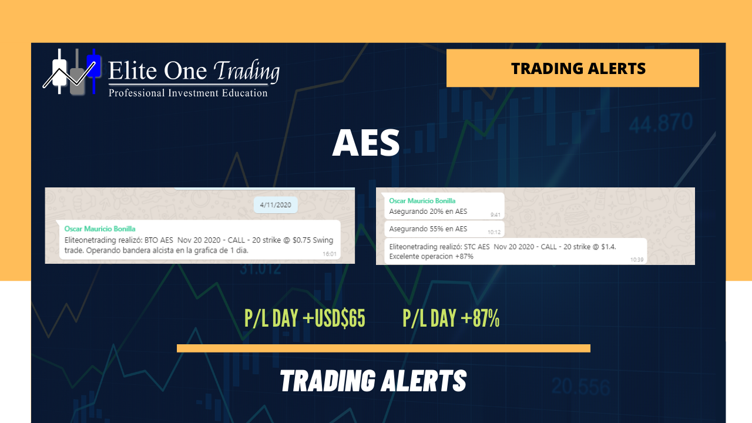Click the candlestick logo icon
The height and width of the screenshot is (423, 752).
pyautogui.click(x=72, y=72)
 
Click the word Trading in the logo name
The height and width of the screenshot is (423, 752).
pyautogui.click(x=246, y=71)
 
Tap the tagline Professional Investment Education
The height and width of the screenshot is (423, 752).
pyautogui.click(x=188, y=93)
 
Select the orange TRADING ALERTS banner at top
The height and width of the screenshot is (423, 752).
pyautogui.click(x=573, y=68)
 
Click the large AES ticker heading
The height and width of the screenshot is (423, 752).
pyautogui.click(x=366, y=143)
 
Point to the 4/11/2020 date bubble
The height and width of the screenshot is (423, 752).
pyautogui.click(x=276, y=205)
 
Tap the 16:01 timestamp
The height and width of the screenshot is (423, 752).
pyautogui.click(x=330, y=254)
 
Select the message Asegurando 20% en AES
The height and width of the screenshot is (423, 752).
pyautogui.click(x=428, y=211)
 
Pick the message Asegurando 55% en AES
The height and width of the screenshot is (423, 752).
pyautogui.click(x=428, y=229)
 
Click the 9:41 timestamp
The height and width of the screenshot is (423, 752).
pyautogui.click(x=495, y=215)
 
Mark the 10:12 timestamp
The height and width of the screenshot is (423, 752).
pyautogui.click(x=494, y=232)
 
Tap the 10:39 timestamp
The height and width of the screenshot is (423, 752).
pyautogui.click(x=637, y=260)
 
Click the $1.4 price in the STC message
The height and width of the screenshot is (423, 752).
pyautogui.click(x=608, y=247)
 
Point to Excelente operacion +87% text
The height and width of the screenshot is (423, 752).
pyautogui.click(x=431, y=257)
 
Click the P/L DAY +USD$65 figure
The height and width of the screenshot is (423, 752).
pyautogui.click(x=305, y=318)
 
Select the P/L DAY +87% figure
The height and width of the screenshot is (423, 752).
pyautogui.click(x=451, y=318)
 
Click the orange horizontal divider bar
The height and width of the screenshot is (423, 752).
pyautogui.click(x=384, y=348)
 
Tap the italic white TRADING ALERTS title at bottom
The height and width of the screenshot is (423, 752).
pyautogui.click(x=373, y=381)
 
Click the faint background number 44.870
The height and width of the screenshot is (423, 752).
pyautogui.click(x=661, y=123)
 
